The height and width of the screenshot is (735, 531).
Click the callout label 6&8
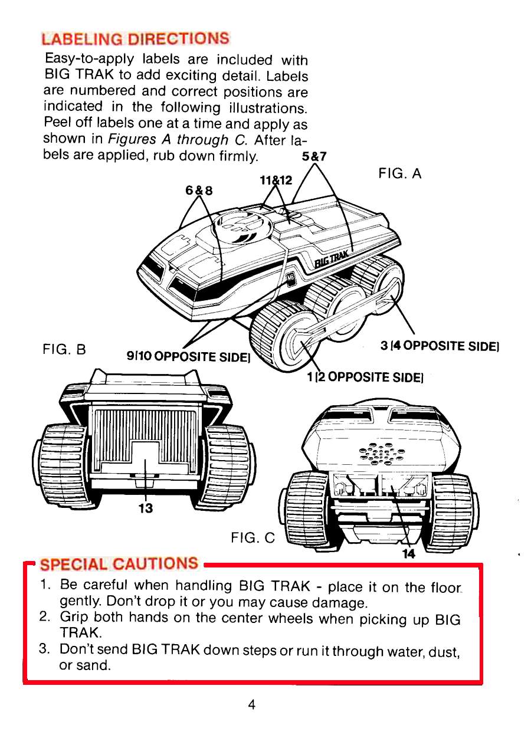coord(199,191)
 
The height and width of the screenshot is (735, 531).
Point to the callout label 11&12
coord(273,181)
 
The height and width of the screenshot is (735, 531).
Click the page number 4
coord(252,705)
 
